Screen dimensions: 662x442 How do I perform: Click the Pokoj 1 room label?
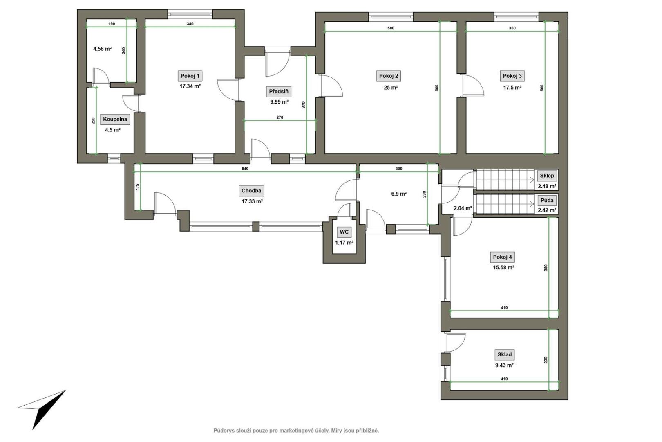(x=190, y=76)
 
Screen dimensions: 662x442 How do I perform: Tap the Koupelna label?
(x=115, y=120)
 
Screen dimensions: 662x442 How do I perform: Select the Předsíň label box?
(x=279, y=92)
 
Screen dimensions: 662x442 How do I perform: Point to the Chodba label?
(x=251, y=191)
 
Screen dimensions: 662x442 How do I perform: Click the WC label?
(x=344, y=232)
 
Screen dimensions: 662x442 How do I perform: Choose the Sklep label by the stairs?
(x=547, y=176)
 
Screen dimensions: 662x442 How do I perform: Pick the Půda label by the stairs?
(x=547, y=201)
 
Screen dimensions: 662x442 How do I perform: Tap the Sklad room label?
(x=505, y=354)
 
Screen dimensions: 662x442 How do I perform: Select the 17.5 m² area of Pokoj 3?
(x=512, y=88)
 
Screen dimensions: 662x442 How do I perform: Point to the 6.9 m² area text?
(x=399, y=194)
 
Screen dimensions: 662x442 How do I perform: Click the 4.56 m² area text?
(x=102, y=49)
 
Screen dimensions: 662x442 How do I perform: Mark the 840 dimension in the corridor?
(x=245, y=169)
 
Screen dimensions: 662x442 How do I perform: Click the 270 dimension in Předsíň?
(x=280, y=117)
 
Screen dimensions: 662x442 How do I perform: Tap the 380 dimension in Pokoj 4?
(x=546, y=268)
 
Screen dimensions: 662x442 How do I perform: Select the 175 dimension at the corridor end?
(x=137, y=187)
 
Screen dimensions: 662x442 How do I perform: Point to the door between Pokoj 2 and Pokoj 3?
(x=473, y=85)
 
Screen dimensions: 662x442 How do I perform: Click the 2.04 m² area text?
(x=463, y=208)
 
